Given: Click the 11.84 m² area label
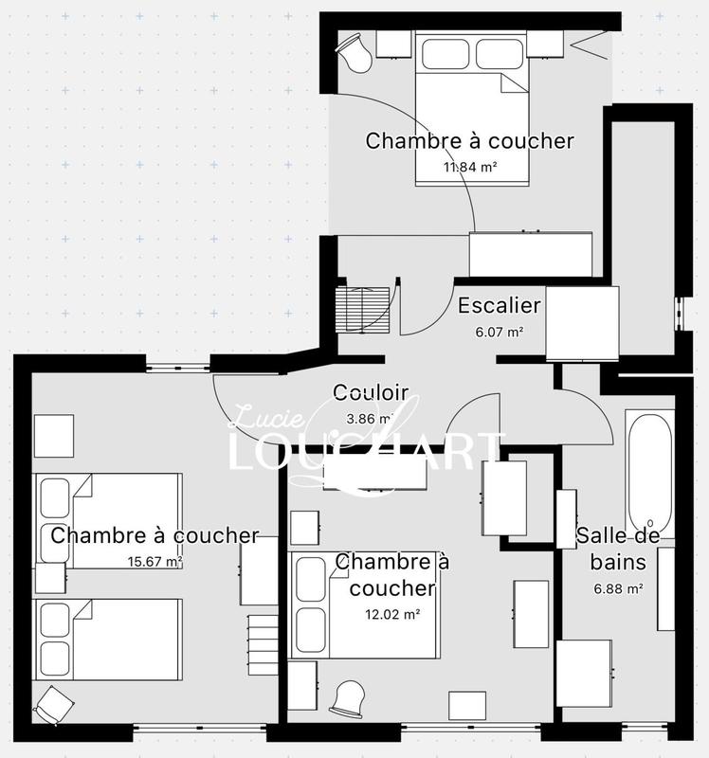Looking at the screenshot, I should pyautogui.click(x=470, y=168).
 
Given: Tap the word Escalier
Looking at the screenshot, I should pyautogui.click(x=499, y=306).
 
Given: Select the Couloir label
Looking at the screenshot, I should pyautogui.click(x=370, y=392).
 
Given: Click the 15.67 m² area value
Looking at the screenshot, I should pyautogui.click(x=155, y=561).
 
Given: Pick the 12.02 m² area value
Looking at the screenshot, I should pyautogui.click(x=392, y=613).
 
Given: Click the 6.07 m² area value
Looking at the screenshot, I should pyautogui.click(x=499, y=333).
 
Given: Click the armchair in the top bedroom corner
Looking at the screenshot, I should pyautogui.click(x=355, y=51).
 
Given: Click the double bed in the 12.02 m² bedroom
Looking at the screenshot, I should pyautogui.click(x=365, y=606).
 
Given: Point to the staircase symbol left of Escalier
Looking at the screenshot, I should pyautogui.click(x=362, y=308).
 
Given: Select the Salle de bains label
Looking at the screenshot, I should pyautogui.click(x=611, y=549).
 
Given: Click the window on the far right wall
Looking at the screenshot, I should pyautogui.click(x=681, y=313).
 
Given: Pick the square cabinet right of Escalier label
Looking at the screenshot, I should pyautogui.click(x=583, y=323).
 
